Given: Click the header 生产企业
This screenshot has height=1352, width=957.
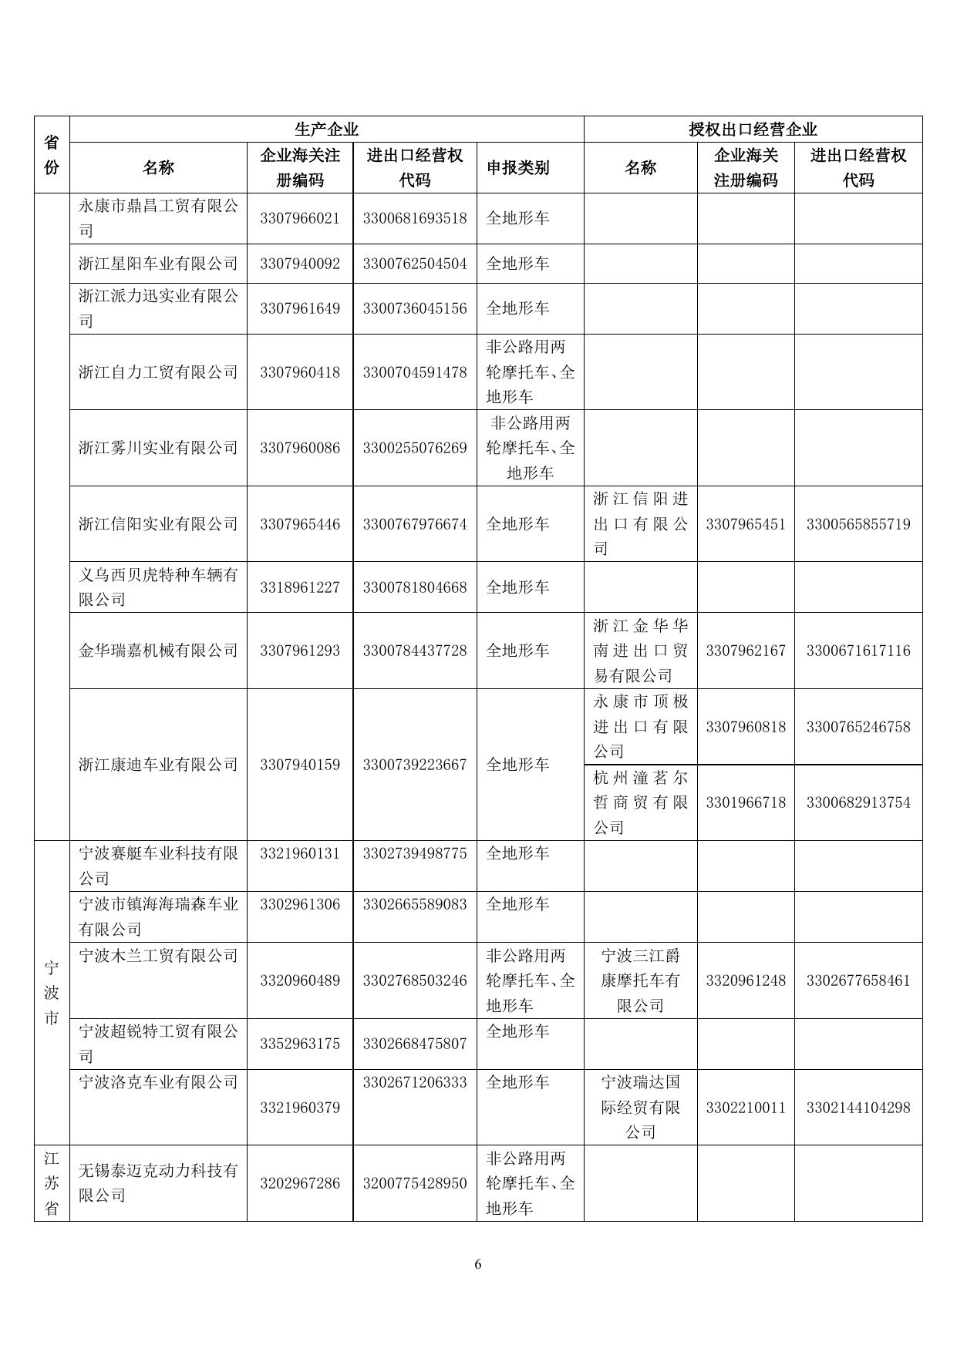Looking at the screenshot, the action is pos(326,129).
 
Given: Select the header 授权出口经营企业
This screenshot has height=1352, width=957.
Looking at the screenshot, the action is pos(753,129).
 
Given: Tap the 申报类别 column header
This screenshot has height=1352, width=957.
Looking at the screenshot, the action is pos(517,168).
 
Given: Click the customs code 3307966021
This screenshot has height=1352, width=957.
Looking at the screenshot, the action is pos(300,218).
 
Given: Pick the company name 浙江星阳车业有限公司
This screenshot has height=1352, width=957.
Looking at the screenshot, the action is pos(158,264).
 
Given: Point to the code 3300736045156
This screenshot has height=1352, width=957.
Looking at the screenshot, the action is pos(415,308).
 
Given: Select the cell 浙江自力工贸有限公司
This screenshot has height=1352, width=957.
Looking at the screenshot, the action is pos(158,372).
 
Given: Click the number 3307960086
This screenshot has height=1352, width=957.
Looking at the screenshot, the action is pos(300,448).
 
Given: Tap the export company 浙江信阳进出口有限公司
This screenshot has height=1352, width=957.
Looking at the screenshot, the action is pos(640,523).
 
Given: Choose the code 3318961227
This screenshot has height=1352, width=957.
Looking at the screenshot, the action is pos(300,587).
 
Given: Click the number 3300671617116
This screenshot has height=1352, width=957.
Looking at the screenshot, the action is pos(858,651).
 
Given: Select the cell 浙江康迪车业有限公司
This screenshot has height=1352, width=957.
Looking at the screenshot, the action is pos(158,765).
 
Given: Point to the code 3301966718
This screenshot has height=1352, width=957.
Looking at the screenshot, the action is pos(746,802).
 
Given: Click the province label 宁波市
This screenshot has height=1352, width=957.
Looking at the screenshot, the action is pos(52,992).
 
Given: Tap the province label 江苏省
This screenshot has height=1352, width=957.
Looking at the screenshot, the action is pos(52,1182).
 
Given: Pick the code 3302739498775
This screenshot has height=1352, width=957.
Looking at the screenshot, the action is pos(415,854).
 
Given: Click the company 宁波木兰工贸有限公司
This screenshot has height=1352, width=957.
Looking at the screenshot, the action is pos(158,956).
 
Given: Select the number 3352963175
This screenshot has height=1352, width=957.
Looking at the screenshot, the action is pos(300,1044).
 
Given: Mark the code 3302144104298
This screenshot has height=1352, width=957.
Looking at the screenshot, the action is pos(858,1108).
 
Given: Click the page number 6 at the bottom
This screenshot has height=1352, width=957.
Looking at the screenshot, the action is pos(478,1264).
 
